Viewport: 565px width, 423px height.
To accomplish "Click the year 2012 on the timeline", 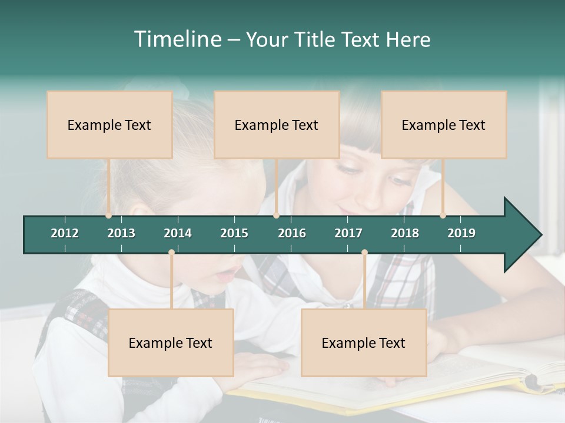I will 65,233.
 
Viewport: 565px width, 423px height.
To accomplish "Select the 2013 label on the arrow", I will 121,233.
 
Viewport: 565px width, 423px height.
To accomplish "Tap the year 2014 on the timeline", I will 178,233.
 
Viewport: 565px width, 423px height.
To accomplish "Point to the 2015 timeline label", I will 234,233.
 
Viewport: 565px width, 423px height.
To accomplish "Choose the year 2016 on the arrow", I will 292,233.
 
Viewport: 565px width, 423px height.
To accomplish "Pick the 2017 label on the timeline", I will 348,233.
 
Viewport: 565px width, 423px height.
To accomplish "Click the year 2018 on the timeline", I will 405,233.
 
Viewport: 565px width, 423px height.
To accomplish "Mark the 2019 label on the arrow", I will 461,233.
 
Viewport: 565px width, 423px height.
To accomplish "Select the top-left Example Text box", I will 109,125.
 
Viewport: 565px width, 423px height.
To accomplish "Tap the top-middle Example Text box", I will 277,125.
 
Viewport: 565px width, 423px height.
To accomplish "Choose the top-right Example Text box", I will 444,125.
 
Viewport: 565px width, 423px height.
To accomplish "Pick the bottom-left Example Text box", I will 171,343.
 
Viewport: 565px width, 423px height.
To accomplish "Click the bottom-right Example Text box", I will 364,343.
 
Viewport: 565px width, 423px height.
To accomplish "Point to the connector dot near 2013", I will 109,216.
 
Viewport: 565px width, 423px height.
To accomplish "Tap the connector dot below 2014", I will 171,253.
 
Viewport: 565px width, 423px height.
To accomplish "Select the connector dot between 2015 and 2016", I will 276,216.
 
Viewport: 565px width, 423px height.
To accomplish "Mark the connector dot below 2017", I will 364,253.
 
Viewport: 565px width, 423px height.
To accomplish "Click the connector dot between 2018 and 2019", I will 443,216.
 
